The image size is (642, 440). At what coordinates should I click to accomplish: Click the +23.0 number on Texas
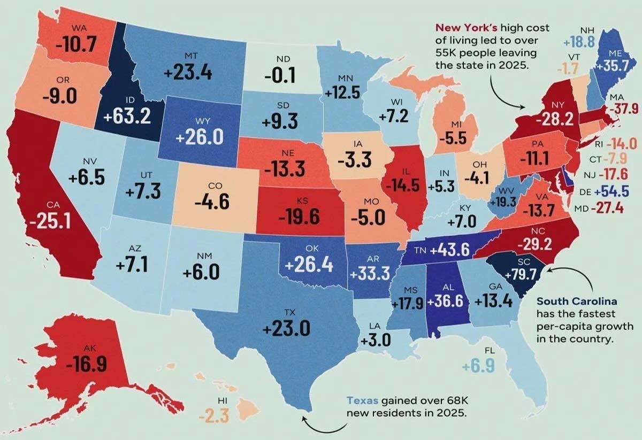pos(286,327)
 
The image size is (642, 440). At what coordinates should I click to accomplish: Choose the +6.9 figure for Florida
pos(483,367)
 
